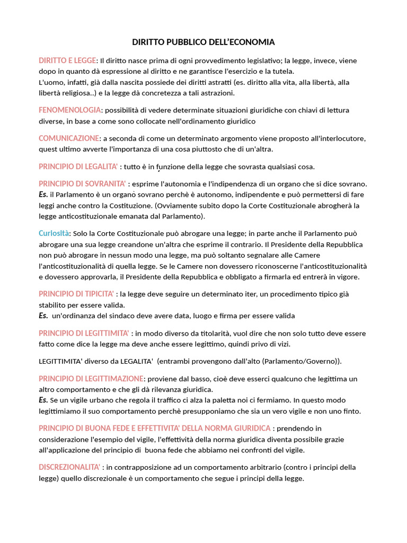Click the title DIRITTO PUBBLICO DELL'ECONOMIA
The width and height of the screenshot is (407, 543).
click(203, 42)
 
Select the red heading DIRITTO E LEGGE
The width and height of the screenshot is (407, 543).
click(67, 60)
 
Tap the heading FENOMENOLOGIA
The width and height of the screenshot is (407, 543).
click(69, 110)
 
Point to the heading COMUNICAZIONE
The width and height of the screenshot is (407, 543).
click(69, 138)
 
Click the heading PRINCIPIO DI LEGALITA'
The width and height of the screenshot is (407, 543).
click(78, 167)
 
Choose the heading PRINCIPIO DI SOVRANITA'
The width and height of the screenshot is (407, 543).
click(82, 183)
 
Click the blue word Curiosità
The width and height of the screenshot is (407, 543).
click(54, 233)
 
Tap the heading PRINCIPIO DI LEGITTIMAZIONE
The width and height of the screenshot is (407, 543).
click(91, 379)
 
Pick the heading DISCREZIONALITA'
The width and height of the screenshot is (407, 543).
click(69, 467)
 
